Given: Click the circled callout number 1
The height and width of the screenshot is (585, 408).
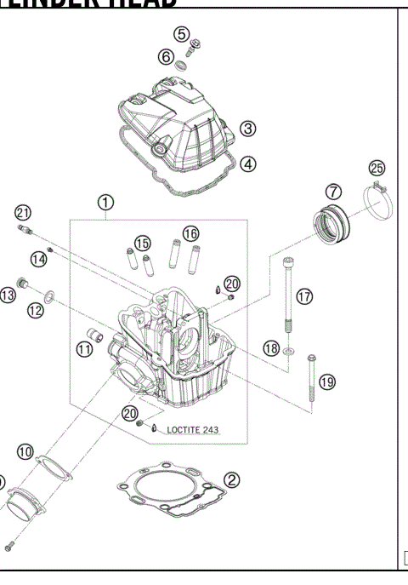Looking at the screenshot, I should point(105,203).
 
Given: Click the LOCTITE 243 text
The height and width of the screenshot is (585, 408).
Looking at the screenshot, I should point(192,430).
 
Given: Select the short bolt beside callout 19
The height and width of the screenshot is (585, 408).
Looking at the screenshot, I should point(311,380).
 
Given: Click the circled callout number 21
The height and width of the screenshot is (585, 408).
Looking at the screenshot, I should point(22,212).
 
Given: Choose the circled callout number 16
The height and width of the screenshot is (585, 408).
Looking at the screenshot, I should point(190,232).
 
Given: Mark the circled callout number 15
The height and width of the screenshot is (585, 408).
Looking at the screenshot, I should point(142,243).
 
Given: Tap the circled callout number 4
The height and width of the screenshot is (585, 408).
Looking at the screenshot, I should point(247,163).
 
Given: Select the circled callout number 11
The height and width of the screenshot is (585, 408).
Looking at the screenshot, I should point(83,349).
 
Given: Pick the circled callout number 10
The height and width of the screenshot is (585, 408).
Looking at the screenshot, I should point(25,451).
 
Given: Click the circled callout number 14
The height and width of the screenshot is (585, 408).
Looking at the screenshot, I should point(38,258).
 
